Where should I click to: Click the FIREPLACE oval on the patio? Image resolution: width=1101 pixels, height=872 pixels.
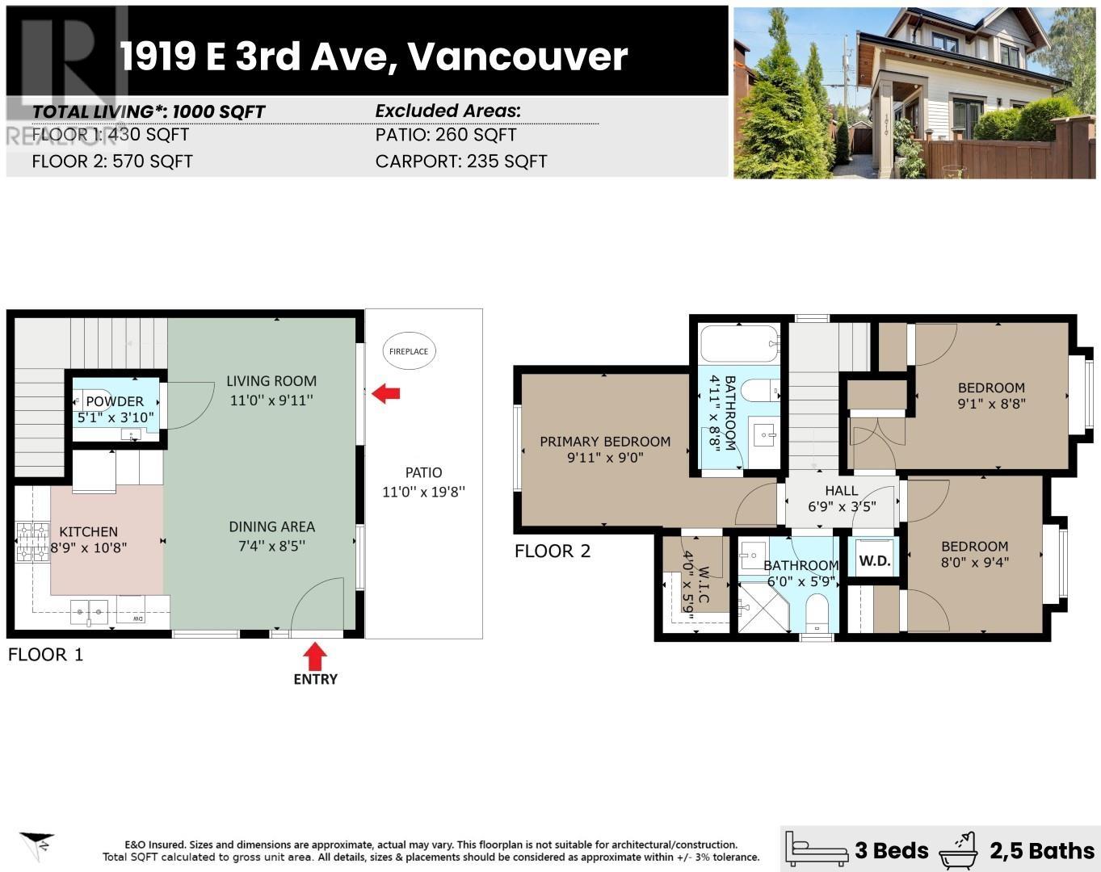[409, 351]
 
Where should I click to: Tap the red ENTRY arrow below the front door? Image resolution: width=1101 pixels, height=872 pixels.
[315, 656]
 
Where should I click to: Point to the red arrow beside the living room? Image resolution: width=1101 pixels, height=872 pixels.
[386, 393]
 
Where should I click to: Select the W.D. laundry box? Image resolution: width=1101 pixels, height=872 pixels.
[874, 560]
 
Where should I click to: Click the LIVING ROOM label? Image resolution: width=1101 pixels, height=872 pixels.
[271, 381]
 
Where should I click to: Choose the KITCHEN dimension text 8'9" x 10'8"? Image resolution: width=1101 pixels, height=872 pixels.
[89, 547]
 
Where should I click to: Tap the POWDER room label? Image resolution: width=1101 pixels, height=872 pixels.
[115, 401]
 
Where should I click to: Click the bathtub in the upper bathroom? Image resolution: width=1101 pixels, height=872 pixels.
[739, 344]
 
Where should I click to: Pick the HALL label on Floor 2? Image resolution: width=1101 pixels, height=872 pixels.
[842, 490]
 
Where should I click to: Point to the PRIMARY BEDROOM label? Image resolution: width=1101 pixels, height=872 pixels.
[605, 442]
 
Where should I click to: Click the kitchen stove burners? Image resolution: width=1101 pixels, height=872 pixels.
[33, 542]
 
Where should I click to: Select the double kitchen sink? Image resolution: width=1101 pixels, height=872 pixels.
[89, 612]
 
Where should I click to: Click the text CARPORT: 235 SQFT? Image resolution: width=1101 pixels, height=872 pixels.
[461, 161]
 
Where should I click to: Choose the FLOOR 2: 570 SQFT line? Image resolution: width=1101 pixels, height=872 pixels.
[112, 161]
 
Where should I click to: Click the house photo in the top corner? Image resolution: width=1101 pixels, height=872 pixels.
[914, 93]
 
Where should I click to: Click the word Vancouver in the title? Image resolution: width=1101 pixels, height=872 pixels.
[517, 57]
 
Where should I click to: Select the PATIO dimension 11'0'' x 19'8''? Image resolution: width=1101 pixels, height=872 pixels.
[423, 492]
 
